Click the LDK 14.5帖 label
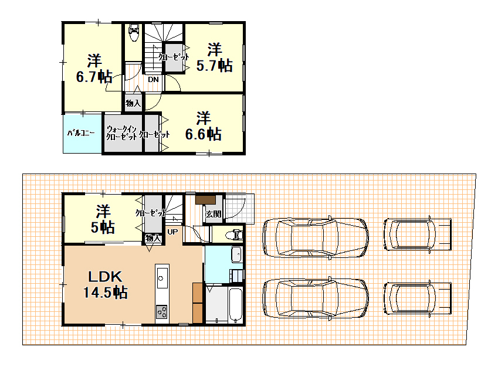pyautogui.click(x=105, y=284)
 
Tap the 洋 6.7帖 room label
pyautogui.click(x=94, y=69)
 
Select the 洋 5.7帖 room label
pyautogui.click(x=214, y=57)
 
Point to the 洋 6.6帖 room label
pyautogui.click(x=204, y=126)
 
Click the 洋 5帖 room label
pyautogui.click(x=103, y=219)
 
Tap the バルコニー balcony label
pyautogui.click(x=81, y=132)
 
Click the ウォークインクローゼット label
pyautogui.click(x=121, y=133)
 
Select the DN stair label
pyautogui.click(x=153, y=79)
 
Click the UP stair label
pyautogui.click(x=172, y=232)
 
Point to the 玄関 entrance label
pyautogui.click(x=213, y=214)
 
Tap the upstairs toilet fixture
pyautogui.click(x=134, y=32)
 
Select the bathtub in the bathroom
pyautogui.click(x=235, y=305)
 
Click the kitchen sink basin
pyautogui.click(x=162, y=278)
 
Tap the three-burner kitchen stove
pyautogui.click(x=162, y=311)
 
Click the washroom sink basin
pyautogui.click(x=236, y=254)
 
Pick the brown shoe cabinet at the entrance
pyautogui.click(x=205, y=200)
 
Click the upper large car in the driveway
pyautogui.click(x=316, y=237)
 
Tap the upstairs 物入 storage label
pyautogui.click(x=133, y=103)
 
